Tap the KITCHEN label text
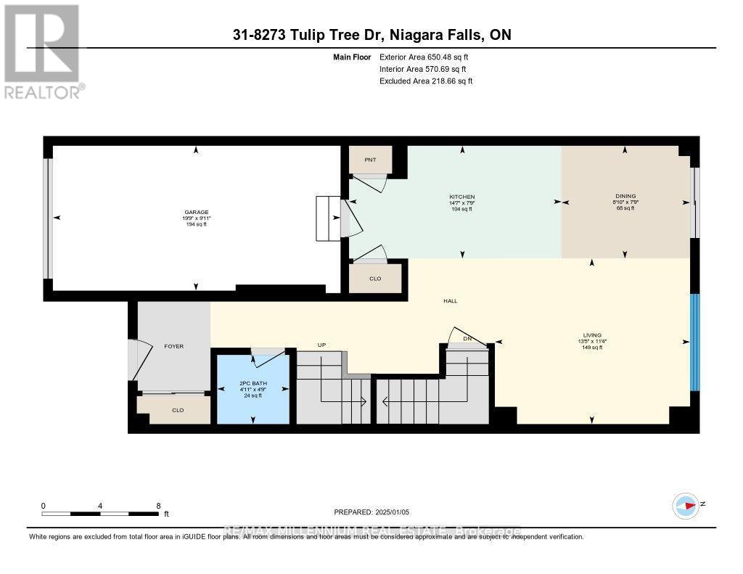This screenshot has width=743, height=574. [461, 197]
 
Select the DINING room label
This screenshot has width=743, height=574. [625, 196]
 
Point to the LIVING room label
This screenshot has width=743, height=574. [591, 335]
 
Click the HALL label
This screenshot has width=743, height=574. [451, 301]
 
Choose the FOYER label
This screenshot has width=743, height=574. [173, 346]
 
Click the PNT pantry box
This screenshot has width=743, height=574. [369, 159]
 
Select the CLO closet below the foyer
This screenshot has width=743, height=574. [178, 410]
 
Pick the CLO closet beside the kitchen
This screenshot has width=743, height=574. [374, 277]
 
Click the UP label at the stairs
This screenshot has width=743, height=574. [322, 344]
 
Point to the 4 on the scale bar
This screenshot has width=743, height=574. [100, 506]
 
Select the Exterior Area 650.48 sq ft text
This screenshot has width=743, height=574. [429, 57]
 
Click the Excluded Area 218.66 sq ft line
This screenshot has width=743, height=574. [426, 81]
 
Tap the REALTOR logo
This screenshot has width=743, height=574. [43, 51]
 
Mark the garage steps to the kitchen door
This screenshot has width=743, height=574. [328, 220]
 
